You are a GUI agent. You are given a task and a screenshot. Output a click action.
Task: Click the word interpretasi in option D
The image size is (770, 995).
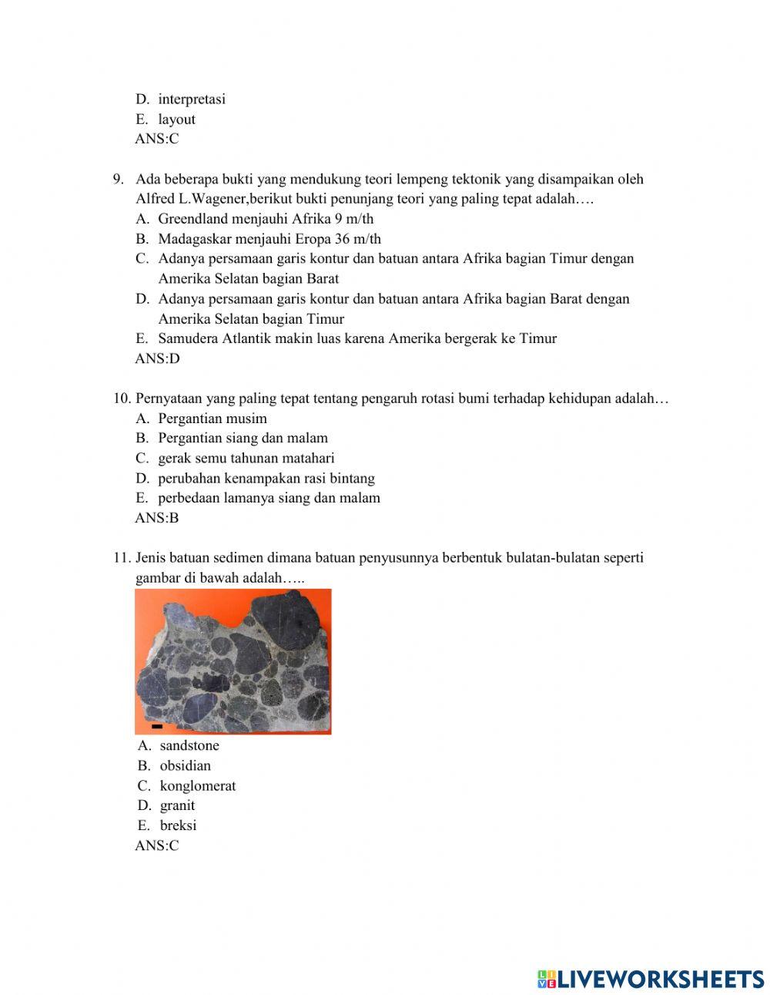[x=192, y=99]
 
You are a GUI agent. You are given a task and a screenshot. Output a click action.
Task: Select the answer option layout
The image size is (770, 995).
[x=176, y=119]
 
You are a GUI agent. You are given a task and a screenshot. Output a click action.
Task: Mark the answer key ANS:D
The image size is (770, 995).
[x=157, y=358]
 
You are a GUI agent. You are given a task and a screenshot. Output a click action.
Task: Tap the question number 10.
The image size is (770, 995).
[x=122, y=398]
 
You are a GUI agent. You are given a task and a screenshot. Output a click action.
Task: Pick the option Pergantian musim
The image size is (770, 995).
[x=213, y=419]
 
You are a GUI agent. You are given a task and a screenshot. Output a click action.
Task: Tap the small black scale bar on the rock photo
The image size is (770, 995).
[x=157, y=726]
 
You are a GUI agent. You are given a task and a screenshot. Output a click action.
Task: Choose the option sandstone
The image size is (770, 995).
[x=189, y=745]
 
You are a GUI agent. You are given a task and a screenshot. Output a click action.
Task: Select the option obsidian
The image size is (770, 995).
[x=185, y=765]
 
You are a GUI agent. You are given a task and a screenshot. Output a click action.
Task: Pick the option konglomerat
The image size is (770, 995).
[x=198, y=785]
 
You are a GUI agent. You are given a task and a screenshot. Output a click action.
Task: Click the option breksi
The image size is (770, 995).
[x=178, y=825]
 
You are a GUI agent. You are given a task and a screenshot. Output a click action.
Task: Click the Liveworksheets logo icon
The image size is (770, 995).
[x=547, y=979]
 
